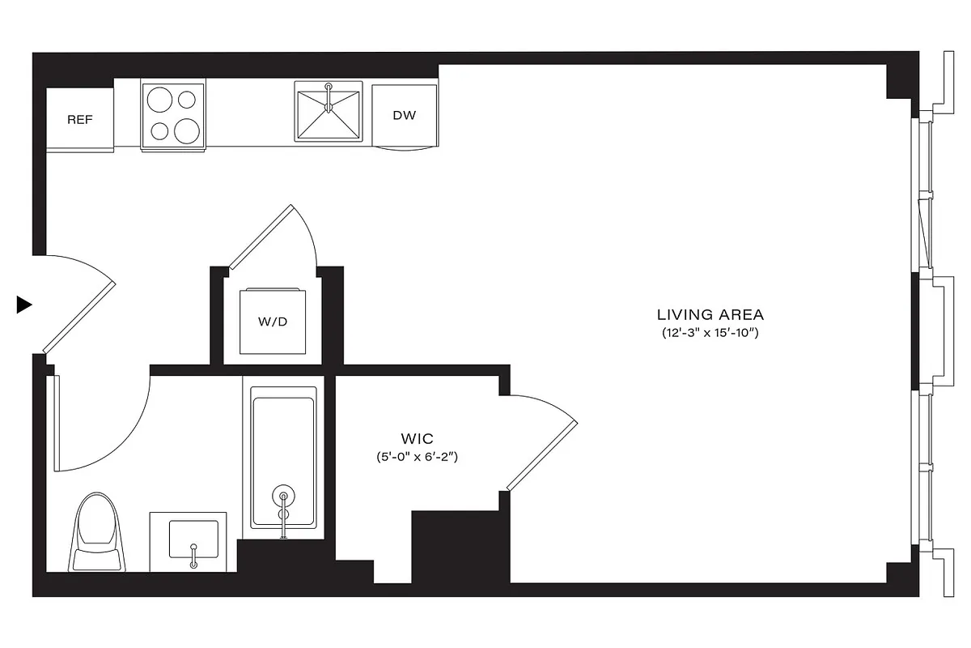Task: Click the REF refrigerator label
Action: pos(79,120)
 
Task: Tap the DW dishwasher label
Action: pos(405,115)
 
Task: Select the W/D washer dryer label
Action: pos(273,322)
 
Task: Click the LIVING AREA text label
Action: pos(710,314)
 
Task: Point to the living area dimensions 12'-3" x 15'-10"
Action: pos(710,333)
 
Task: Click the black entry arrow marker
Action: pos(23,305)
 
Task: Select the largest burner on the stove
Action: pos(186,130)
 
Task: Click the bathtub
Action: pos(283,458)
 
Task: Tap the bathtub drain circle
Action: pos(283,497)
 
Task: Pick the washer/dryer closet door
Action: pos(263,237)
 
